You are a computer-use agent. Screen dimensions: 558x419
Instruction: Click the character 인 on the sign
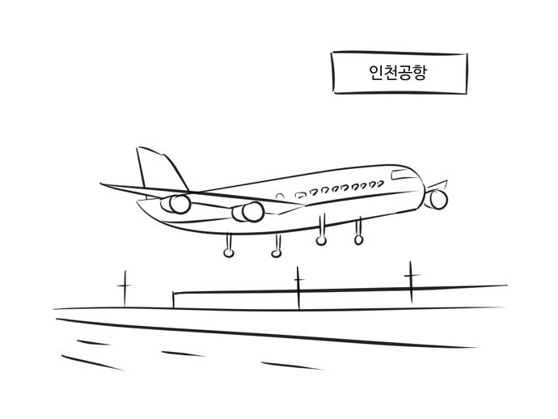coord(375,73)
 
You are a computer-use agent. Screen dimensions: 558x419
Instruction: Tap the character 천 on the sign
coord(390,73)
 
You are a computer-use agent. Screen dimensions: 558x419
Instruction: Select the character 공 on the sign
coord(404,73)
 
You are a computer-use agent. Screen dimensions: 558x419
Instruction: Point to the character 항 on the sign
coord(419,73)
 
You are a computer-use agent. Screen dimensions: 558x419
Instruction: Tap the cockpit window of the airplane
coord(401,175)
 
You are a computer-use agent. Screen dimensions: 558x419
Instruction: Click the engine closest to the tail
coord(177,204)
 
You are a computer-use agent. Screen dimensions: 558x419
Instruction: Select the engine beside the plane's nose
coord(437,199)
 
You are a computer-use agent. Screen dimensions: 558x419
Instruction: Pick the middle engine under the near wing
coord(248,212)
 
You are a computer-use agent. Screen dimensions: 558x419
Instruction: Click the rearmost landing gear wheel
coord(229,252)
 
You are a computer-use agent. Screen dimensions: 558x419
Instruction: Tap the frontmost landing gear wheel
coord(358,239)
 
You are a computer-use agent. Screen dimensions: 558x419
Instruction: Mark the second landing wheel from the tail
coord(276,253)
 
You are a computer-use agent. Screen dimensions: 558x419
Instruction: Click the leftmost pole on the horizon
coord(125,289)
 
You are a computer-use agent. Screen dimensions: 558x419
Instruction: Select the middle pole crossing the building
coord(298,288)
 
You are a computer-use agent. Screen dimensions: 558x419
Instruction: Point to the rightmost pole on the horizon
coord(411,282)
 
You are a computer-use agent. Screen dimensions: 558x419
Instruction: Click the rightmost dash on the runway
coord(292,366)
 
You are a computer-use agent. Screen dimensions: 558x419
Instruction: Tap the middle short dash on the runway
coord(184,353)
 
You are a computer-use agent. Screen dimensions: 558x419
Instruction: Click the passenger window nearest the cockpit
coord(380,184)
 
